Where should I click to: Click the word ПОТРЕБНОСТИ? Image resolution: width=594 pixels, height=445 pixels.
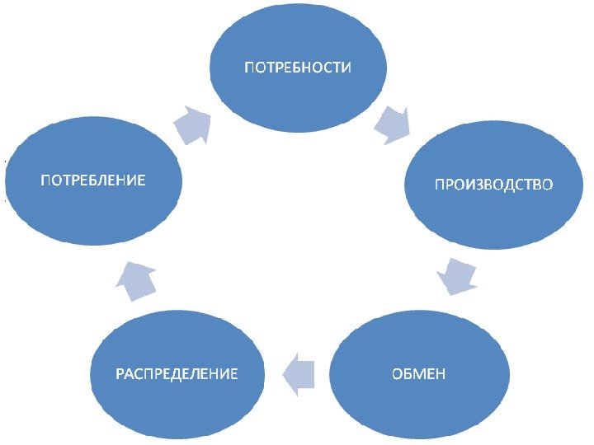[x=296, y=67]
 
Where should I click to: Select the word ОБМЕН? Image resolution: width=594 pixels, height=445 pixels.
[x=418, y=374]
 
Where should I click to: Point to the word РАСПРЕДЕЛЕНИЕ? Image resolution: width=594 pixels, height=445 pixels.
[x=176, y=374]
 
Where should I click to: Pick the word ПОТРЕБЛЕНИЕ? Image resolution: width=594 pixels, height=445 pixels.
[x=93, y=179]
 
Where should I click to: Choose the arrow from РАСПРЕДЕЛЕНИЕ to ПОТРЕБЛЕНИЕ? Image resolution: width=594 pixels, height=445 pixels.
[x=136, y=280]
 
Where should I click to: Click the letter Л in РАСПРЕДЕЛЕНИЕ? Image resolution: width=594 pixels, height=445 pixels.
[x=206, y=374]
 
